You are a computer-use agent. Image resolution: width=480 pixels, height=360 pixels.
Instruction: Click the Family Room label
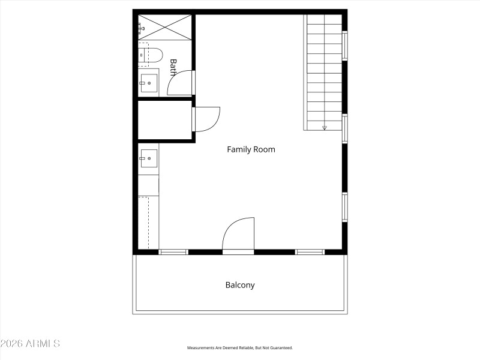point(251,149)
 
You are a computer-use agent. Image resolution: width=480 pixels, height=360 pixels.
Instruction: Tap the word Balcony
point(240,285)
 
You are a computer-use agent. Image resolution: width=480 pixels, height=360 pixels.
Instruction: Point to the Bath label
point(173,67)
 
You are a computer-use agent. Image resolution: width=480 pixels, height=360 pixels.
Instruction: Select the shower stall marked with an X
point(166,27)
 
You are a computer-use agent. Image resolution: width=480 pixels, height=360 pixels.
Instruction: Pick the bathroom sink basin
point(149,83)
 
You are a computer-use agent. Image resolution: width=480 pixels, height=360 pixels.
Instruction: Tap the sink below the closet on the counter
point(149,158)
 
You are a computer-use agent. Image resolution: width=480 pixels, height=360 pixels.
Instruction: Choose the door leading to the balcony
point(239,236)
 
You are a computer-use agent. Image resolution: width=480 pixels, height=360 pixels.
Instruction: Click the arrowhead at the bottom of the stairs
point(325,127)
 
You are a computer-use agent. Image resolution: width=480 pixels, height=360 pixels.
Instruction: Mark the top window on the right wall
point(345,46)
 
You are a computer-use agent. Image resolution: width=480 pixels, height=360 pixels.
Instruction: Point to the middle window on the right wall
point(345,128)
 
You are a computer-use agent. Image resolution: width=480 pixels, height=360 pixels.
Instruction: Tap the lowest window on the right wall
point(345,207)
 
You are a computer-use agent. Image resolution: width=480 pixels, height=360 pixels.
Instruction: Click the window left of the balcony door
point(173,252)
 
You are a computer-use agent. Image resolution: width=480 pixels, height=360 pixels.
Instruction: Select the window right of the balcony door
point(310,252)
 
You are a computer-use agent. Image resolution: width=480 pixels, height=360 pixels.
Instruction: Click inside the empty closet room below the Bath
point(164,120)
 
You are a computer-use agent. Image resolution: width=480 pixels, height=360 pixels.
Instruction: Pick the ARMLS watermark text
point(30,344)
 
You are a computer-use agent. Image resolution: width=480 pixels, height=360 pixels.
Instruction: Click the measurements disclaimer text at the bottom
point(240,348)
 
